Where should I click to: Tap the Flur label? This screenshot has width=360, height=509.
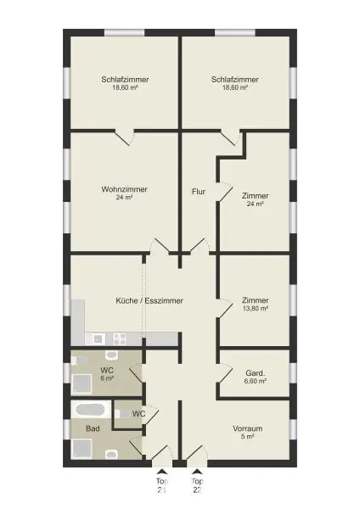point(198,192)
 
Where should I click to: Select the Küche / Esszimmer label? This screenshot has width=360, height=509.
point(149,300)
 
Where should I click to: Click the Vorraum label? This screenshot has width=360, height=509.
point(248,428)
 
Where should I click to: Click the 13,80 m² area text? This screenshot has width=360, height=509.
point(256,310)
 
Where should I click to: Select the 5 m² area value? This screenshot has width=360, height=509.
point(248,439)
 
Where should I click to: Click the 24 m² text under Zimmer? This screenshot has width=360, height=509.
point(256,204)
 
